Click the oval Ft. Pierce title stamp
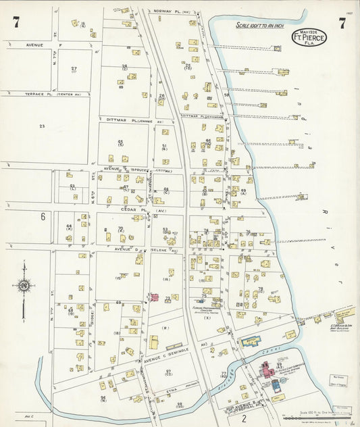(x=309, y=38)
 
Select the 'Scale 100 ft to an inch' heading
(x=260, y=25)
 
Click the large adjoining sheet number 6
(x=42, y=217)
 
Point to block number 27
(x=74, y=69)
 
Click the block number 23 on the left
(x=42, y=126)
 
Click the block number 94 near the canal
(x=103, y=399)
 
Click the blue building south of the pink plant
(x=275, y=384)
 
